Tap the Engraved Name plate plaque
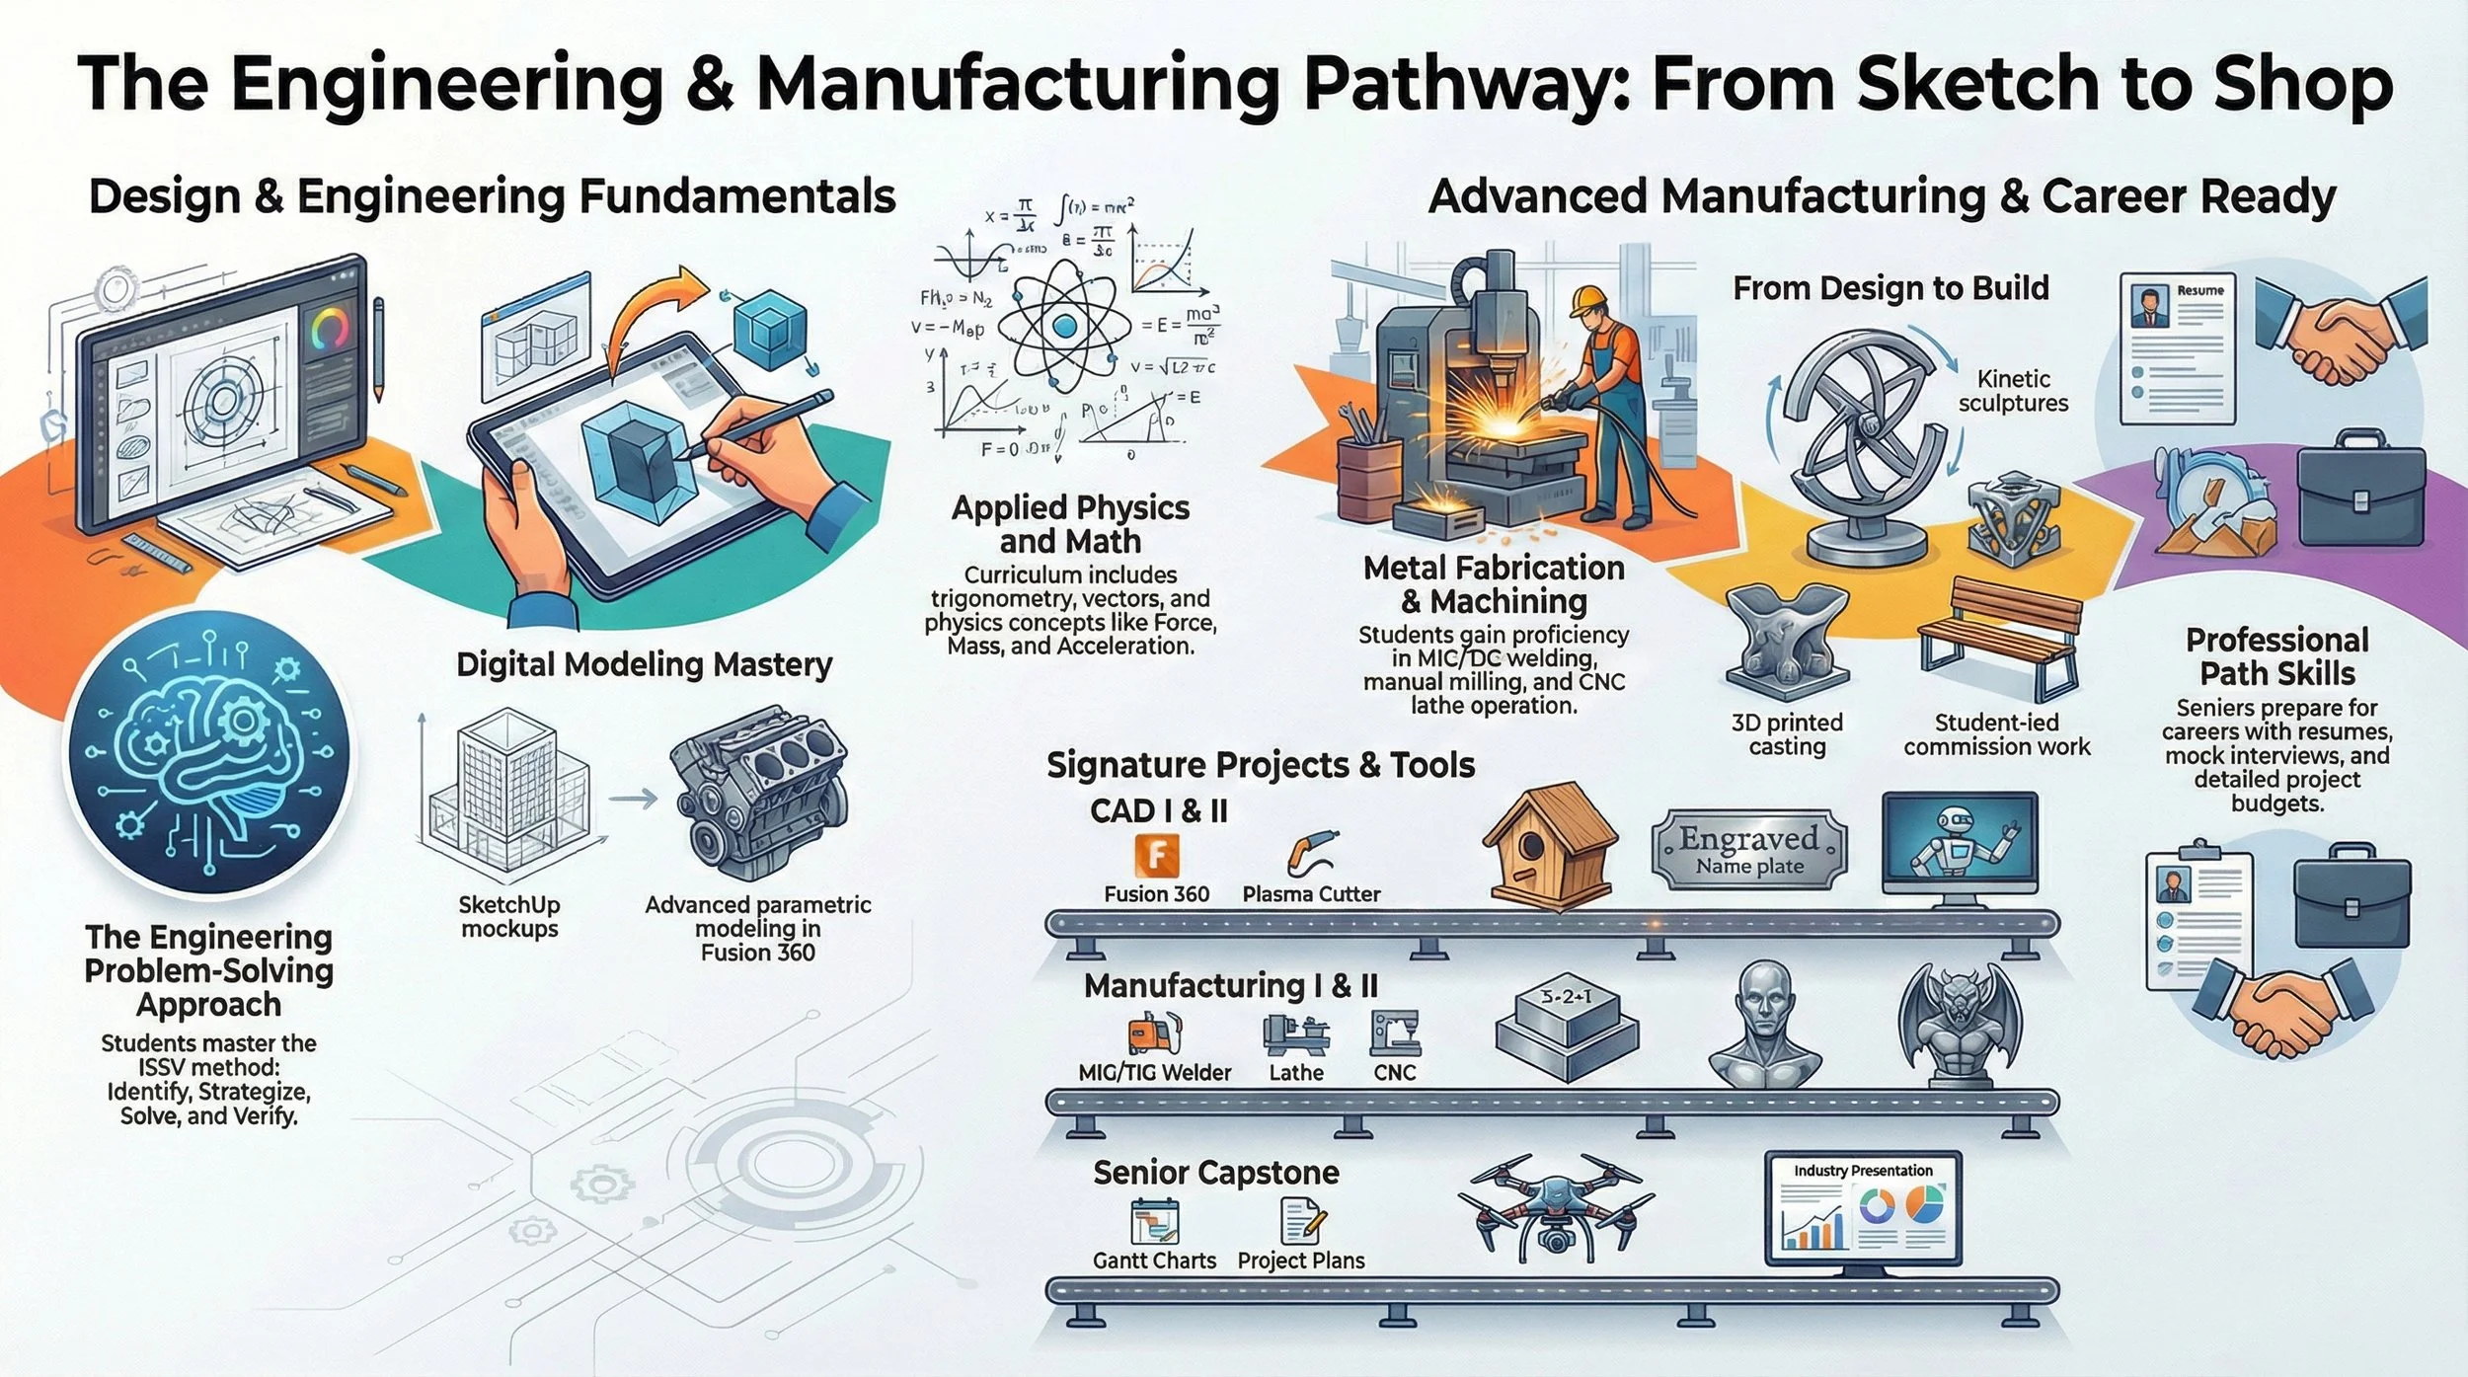(x=1749, y=850)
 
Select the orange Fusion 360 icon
(x=1156, y=856)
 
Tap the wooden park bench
(x=1998, y=637)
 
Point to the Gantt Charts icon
(x=1154, y=1220)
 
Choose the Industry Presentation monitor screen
(x=1863, y=1209)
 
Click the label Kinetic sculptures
(x=2014, y=391)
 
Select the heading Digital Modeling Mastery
(x=644, y=664)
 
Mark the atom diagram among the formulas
(x=1064, y=326)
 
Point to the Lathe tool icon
(x=1296, y=1033)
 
